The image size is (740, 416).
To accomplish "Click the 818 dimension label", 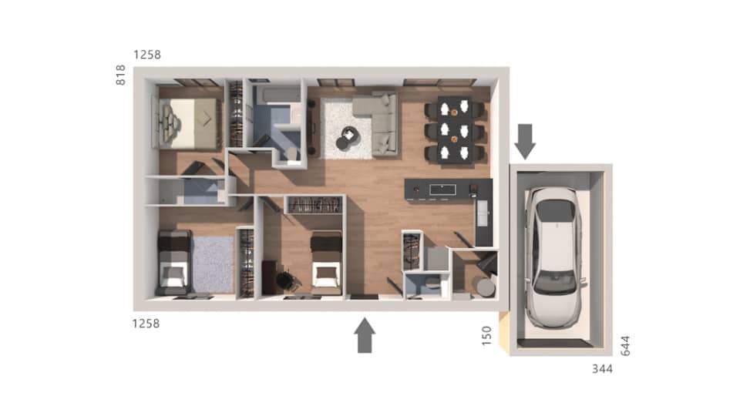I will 121,75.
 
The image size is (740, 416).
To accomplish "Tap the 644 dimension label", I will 625,344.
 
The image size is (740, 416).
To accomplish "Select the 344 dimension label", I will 602,369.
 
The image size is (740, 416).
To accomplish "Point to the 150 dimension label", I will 486,336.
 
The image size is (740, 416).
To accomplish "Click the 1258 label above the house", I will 146,55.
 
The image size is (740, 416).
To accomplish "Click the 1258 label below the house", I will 146,324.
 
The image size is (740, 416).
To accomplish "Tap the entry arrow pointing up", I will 365,336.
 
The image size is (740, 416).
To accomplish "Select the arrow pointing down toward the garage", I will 525,141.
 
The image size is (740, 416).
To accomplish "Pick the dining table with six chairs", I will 455,129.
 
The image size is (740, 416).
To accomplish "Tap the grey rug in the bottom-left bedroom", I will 212,264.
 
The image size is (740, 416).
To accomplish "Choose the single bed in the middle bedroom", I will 325,263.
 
